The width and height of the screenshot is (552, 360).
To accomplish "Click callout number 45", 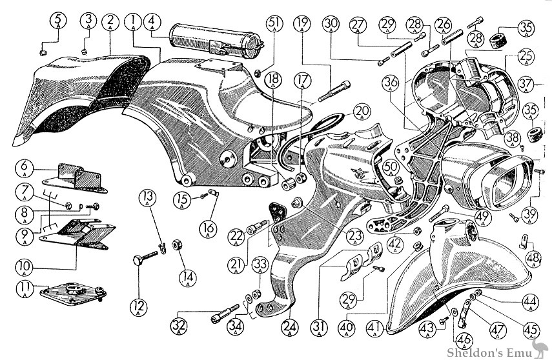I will tap(532, 329).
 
